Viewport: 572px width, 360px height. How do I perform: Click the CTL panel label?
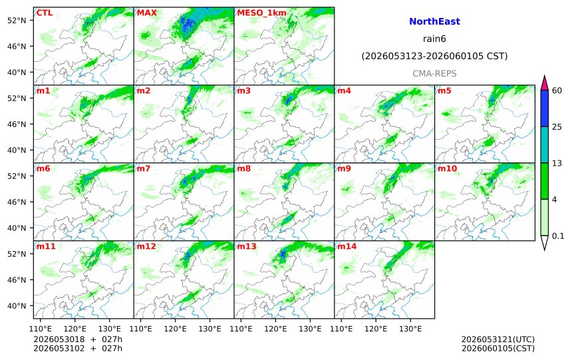pos(44,13)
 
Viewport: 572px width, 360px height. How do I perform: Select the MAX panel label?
pos(146,13)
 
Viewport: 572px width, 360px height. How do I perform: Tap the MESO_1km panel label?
pos(261,13)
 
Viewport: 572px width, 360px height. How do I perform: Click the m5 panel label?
pos(444,90)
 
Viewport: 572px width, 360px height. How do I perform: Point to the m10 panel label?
pos(447,168)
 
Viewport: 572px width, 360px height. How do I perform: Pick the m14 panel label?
pos(347,246)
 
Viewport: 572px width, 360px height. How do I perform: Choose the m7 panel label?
pos(144,168)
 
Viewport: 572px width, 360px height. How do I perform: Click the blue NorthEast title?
pos(434,21)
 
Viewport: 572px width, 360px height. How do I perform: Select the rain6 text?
pos(434,39)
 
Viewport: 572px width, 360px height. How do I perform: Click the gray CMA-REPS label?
pos(434,73)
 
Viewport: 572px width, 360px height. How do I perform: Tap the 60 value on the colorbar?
pos(557,90)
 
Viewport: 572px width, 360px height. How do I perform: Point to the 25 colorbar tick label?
pos(557,126)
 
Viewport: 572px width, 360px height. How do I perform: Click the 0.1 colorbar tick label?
pos(558,236)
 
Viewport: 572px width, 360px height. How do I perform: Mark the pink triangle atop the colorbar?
pos(544,84)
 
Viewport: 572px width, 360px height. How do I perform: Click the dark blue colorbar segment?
pos(544,108)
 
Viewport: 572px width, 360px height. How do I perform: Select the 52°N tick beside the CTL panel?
pos(17,20)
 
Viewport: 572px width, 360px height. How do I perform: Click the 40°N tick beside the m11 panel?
pos(17,305)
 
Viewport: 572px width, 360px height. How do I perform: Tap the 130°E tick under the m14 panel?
pos(410,329)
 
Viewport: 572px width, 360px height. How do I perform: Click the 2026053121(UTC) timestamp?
pos(498,340)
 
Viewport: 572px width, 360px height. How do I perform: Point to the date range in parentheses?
pos(434,56)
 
